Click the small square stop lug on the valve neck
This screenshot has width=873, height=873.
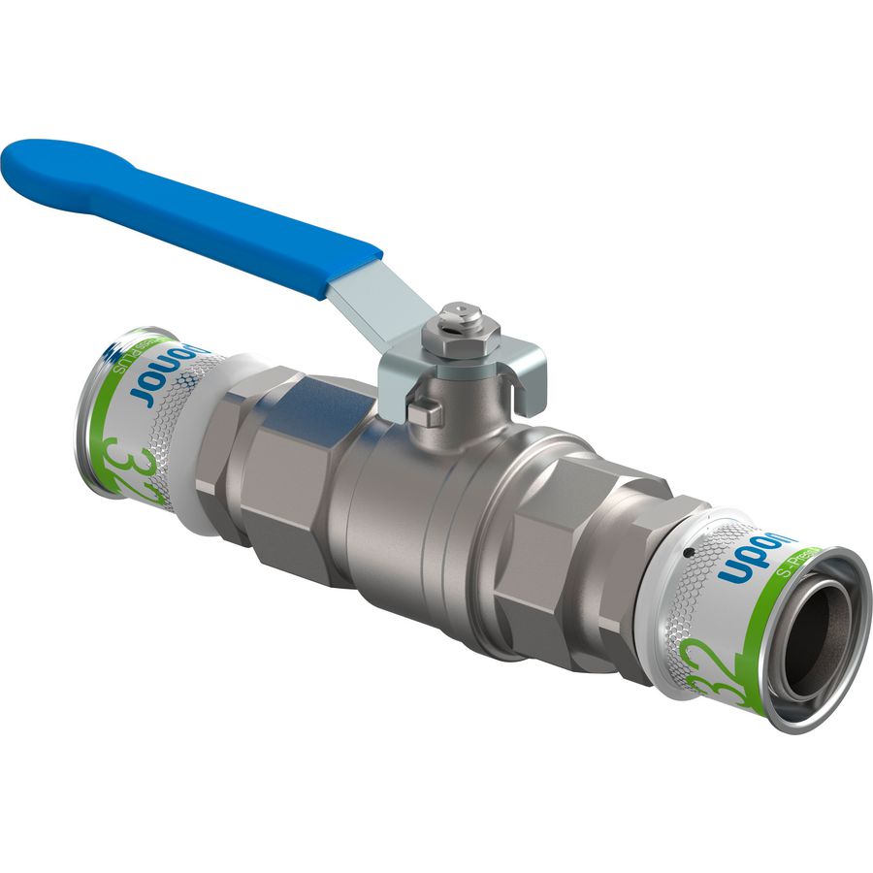pyautogui.click(x=425, y=414)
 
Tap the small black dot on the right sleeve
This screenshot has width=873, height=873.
pyautogui.click(x=688, y=553)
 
